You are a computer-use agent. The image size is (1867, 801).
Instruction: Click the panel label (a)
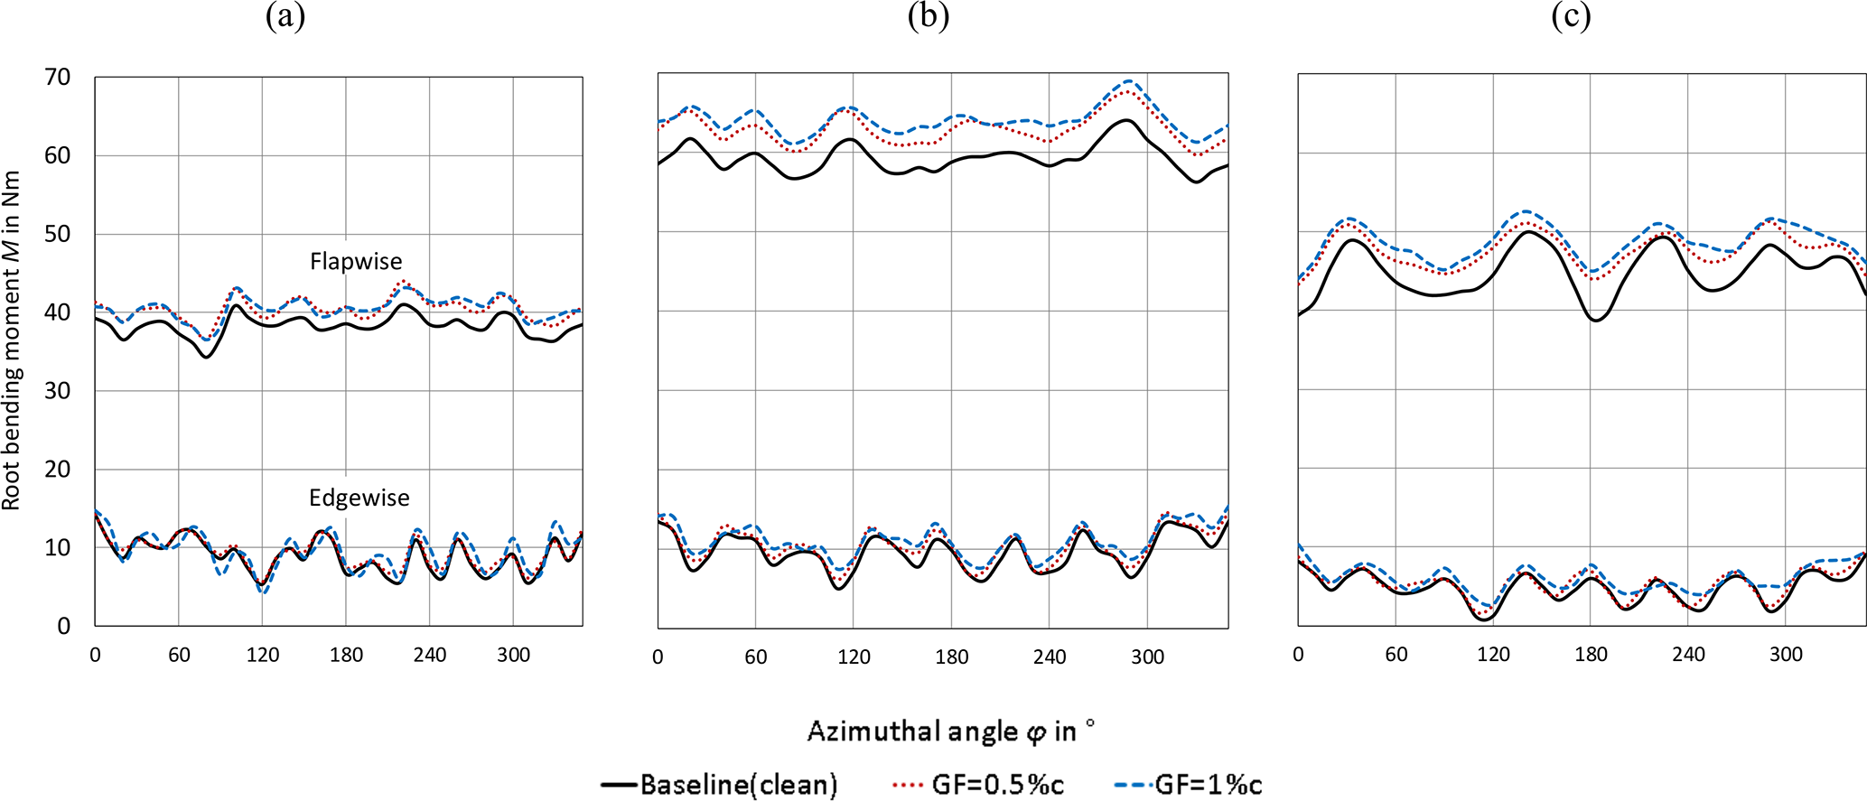click(x=285, y=17)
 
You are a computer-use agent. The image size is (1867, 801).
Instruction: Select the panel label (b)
click(x=929, y=17)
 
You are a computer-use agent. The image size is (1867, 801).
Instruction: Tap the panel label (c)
click(x=1571, y=17)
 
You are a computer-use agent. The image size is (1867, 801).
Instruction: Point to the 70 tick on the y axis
click(x=58, y=78)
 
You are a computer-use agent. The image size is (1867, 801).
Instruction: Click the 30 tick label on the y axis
click(x=58, y=391)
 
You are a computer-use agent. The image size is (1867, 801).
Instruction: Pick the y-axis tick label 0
click(x=64, y=626)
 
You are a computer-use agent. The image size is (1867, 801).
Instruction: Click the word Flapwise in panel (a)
click(x=356, y=262)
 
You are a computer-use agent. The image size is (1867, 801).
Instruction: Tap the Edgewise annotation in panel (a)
click(x=359, y=498)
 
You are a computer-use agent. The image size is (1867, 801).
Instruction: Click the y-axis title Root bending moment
click(x=12, y=341)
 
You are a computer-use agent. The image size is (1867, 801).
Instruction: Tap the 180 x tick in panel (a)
click(x=346, y=656)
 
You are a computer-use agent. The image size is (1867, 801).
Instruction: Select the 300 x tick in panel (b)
click(x=1147, y=657)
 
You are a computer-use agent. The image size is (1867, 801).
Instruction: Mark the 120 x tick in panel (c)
click(x=1493, y=655)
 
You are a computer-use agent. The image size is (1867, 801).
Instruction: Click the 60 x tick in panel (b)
click(x=756, y=657)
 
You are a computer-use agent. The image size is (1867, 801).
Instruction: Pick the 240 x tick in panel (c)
click(x=1688, y=655)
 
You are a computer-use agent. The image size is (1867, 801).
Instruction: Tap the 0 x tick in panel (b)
click(x=658, y=657)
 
